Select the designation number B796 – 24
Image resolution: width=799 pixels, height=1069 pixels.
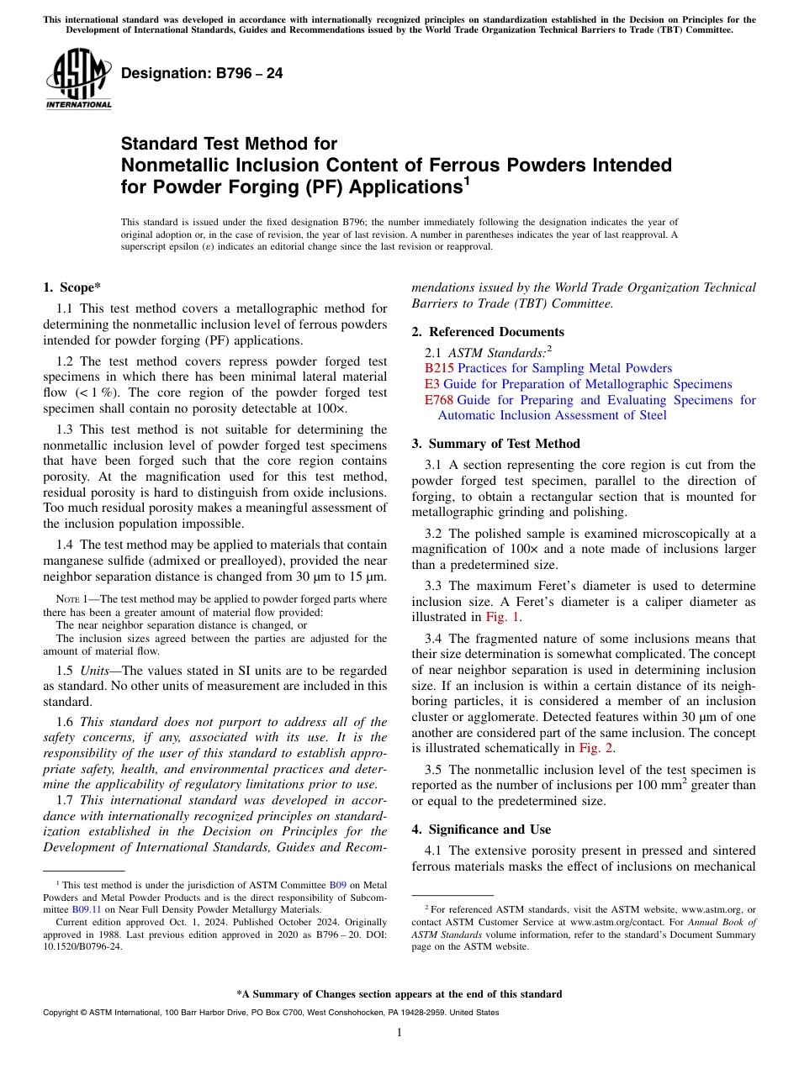point(202,73)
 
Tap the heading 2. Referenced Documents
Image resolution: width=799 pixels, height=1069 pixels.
point(488,332)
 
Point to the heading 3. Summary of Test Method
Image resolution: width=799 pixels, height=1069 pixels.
point(495,444)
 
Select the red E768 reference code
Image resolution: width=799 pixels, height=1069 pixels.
point(438,400)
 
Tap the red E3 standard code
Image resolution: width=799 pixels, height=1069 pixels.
point(432,384)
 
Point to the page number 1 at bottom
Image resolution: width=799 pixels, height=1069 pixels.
point(399,1032)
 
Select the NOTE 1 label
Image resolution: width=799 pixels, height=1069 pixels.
point(70,599)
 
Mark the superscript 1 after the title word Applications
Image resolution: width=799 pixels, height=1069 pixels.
point(467,180)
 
